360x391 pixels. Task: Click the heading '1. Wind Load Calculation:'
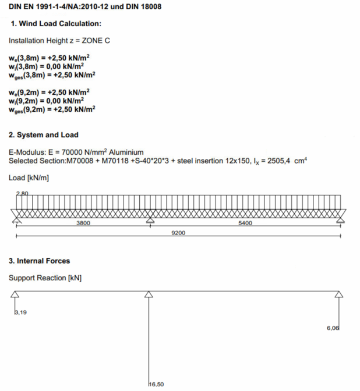56,24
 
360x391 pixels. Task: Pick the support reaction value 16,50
157,385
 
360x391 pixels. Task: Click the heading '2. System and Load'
44,135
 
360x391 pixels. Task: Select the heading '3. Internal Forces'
40,261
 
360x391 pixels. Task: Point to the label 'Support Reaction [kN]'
45,278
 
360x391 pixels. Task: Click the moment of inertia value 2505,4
278,161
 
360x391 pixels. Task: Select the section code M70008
82,161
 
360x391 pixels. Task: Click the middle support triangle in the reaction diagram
150,294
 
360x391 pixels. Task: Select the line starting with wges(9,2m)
52,109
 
